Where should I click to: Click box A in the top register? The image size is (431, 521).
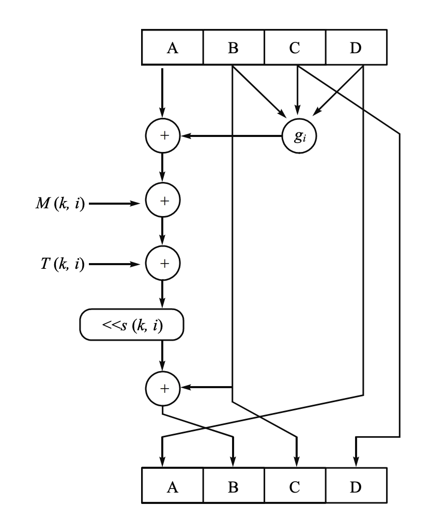pyautogui.click(x=172, y=48)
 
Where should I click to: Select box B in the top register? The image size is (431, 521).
pyautogui.click(x=233, y=48)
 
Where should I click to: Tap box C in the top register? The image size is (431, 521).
pyautogui.click(x=295, y=48)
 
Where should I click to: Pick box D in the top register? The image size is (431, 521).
pyautogui.click(x=356, y=48)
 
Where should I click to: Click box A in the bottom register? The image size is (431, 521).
pyautogui.click(x=172, y=486)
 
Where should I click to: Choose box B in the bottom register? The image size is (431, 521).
pyautogui.click(x=233, y=486)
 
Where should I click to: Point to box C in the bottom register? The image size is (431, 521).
pyautogui.click(x=295, y=486)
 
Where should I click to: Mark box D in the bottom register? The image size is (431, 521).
pyautogui.click(x=356, y=486)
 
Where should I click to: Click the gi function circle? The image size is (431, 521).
pyautogui.click(x=298, y=136)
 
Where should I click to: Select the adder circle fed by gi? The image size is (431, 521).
pyautogui.click(x=163, y=136)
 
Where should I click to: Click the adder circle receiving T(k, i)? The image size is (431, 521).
pyautogui.click(x=163, y=264)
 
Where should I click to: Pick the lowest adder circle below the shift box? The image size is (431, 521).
pyautogui.click(x=163, y=387)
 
